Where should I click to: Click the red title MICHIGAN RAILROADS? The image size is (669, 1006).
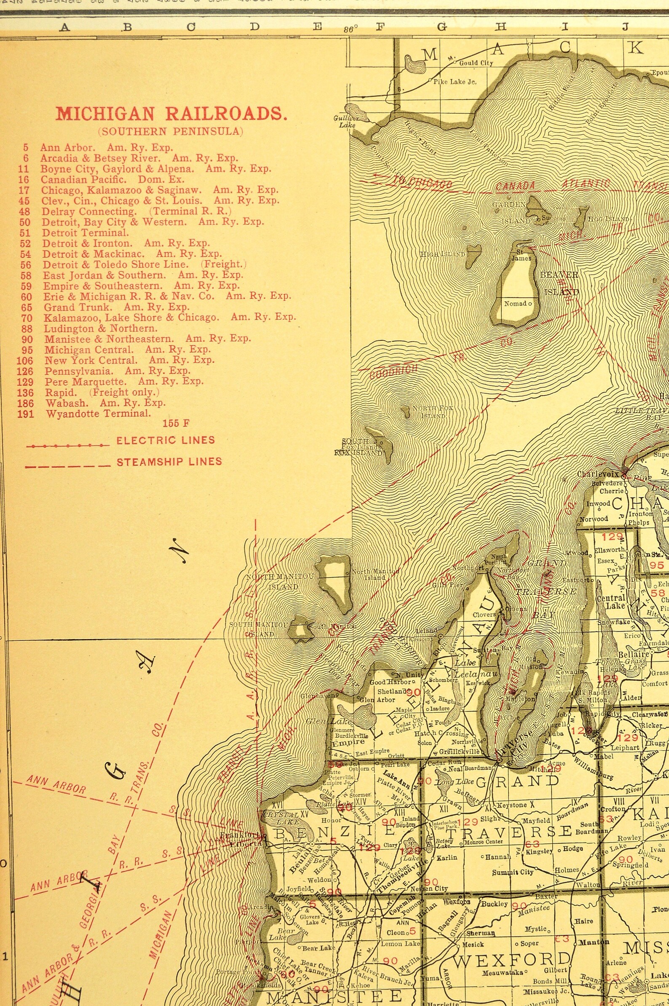171,114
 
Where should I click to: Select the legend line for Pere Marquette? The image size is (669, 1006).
124,381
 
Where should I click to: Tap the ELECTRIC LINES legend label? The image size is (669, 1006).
166,440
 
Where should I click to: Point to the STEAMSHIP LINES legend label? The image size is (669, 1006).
169,461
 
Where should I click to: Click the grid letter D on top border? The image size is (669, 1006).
254,27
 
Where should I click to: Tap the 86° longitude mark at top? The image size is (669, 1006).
350,29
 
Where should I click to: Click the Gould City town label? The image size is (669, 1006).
476,63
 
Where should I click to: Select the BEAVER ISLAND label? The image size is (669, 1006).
559,283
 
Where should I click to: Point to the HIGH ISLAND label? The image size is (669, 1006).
442,254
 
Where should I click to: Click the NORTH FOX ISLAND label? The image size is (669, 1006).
432,412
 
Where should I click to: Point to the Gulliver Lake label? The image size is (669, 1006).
346,122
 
